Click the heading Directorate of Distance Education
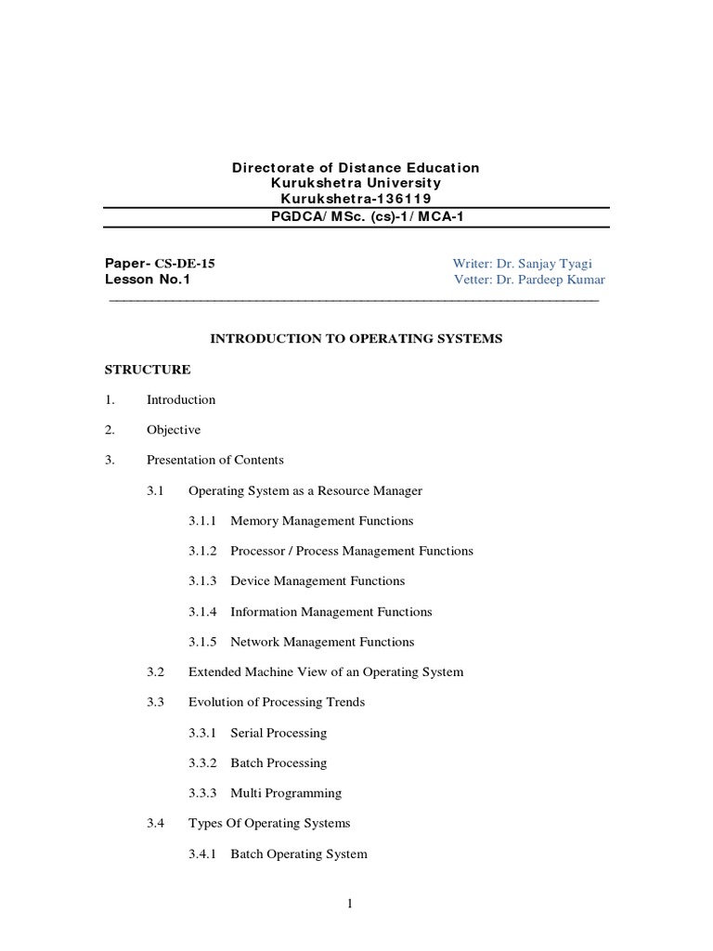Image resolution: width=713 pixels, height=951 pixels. click(x=356, y=168)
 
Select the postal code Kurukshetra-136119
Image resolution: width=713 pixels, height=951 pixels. click(x=356, y=199)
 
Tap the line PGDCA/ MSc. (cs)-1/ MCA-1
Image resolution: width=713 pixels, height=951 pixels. click(x=356, y=216)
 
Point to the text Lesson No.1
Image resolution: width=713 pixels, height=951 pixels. click(x=148, y=280)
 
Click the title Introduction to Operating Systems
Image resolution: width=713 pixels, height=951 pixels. click(x=356, y=339)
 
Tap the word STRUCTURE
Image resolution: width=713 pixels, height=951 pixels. click(x=147, y=370)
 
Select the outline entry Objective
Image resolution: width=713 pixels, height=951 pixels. click(x=173, y=430)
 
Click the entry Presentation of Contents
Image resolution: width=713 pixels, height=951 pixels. click(x=214, y=460)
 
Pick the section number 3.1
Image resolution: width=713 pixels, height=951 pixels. click(x=155, y=490)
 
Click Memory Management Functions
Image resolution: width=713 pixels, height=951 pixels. click(x=321, y=521)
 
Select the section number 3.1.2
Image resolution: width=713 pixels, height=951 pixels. click(x=202, y=551)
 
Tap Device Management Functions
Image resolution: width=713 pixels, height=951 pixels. click(x=318, y=581)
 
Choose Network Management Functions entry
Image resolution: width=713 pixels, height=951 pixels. click(x=322, y=642)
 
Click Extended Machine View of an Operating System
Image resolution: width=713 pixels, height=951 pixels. click(x=325, y=671)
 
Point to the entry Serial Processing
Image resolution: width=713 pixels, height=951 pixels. click(x=279, y=733)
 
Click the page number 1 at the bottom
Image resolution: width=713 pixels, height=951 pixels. click(x=351, y=904)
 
